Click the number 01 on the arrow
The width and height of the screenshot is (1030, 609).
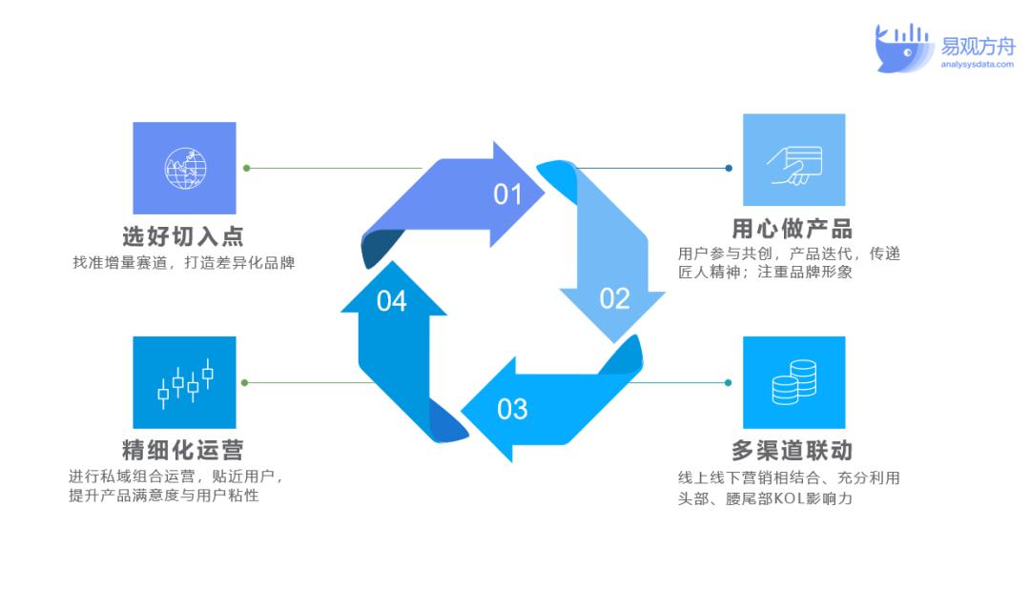coord(507,194)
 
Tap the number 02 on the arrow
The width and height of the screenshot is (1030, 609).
coord(615,298)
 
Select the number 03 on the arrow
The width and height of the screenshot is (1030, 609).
coord(512,410)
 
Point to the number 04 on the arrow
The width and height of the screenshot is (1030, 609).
coord(392,301)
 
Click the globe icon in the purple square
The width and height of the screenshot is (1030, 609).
coord(185,168)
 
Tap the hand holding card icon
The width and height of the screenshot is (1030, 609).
coord(794,166)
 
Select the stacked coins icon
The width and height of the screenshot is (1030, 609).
coord(794,382)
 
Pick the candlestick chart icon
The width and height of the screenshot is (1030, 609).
coord(185,383)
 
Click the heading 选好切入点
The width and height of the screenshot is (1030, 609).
coord(183,236)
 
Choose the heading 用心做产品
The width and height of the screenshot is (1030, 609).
coord(793,229)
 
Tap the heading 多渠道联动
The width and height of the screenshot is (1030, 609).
coord(793,451)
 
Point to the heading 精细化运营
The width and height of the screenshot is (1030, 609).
coord(183,450)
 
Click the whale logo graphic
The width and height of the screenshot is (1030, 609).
coord(904,48)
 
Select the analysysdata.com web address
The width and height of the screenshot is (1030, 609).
coord(977,64)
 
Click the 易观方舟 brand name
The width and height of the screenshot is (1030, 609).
coord(978,46)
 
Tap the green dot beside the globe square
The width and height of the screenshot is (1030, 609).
coord(247,168)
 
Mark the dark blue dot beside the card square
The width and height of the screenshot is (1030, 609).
coord(729,168)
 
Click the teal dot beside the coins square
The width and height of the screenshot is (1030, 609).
coord(728,382)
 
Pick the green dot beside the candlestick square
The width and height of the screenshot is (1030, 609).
coord(244,382)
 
